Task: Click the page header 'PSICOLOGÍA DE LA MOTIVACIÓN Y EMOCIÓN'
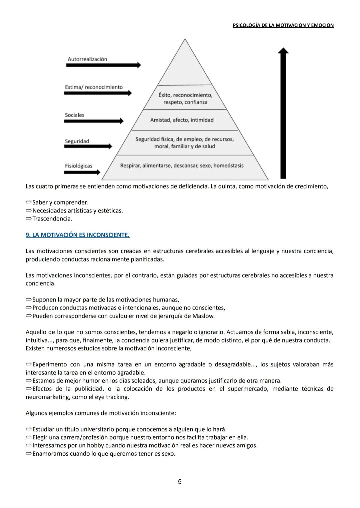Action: pyautogui.click(x=283, y=25)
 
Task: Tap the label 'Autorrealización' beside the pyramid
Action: pyautogui.click(x=87, y=59)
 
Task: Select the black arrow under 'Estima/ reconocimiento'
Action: pyautogui.click(x=98, y=93)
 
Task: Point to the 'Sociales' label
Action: pyautogui.click(x=74, y=115)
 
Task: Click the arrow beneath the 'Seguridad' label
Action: pyautogui.click(x=88, y=146)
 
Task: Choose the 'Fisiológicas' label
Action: pyautogui.click(x=78, y=166)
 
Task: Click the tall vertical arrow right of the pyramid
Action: pyautogui.click(x=283, y=113)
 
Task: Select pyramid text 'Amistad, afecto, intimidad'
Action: pyautogui.click(x=182, y=120)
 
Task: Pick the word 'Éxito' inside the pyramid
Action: pyautogui.click(x=165, y=95)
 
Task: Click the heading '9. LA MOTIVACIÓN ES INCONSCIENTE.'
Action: pyautogui.click(x=78, y=235)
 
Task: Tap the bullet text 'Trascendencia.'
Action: pyautogui.click(x=52, y=219)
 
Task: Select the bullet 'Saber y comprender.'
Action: pyautogui.click(x=60, y=202)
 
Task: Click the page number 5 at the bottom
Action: pyautogui.click(x=180, y=481)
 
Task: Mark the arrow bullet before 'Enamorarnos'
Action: pyautogui.click(x=28, y=453)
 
